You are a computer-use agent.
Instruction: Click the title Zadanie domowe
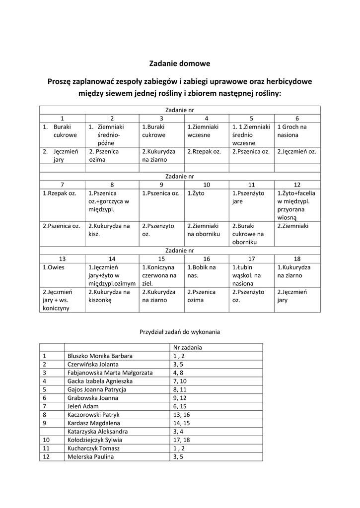pyautogui.click(x=180, y=63)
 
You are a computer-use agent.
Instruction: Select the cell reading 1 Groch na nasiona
pyautogui.click(x=296, y=131)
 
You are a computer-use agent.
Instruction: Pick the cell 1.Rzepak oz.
pyautogui.click(x=59, y=193)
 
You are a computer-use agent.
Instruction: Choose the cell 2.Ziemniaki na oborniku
pyautogui.click(x=204, y=230)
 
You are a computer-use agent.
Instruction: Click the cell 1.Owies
pyautogui.click(x=54, y=267)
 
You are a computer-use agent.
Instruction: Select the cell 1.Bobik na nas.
pyautogui.click(x=202, y=271)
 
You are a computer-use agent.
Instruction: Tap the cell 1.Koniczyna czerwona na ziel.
pyautogui.click(x=159, y=275)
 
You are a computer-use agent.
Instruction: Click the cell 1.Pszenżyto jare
pyautogui.click(x=248, y=197)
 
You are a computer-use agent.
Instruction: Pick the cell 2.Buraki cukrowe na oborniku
pyautogui.click(x=249, y=234)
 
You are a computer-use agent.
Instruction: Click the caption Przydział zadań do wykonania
pyautogui.click(x=179, y=331)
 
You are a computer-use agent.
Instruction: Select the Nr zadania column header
pyautogui.click(x=187, y=347)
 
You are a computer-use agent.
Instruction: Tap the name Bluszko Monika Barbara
pyautogui.click(x=100, y=356)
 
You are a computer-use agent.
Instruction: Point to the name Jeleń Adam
pyautogui.click(x=83, y=406)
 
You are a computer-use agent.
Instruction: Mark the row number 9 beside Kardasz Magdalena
pyautogui.click(x=45, y=423)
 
